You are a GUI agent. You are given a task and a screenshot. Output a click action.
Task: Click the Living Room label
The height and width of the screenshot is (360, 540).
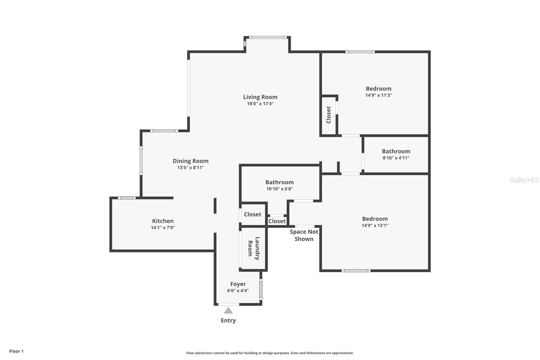coord(260,97)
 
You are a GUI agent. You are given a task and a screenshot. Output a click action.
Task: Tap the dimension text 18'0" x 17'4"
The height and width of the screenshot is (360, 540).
coord(260,104)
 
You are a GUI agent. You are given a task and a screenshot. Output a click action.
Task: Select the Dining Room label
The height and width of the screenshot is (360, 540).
coord(191,161)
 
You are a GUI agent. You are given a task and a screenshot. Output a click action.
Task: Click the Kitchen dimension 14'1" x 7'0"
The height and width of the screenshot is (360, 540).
coord(163,228)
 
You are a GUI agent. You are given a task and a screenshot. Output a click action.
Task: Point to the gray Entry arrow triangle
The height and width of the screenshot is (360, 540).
coord(228,310)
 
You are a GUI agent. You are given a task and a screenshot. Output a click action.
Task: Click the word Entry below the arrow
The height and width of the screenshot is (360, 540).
coord(228,320)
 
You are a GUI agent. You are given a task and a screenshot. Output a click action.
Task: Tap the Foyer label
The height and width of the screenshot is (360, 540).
coord(238,284)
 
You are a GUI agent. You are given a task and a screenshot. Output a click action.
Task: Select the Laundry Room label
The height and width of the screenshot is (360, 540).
coord(253,249)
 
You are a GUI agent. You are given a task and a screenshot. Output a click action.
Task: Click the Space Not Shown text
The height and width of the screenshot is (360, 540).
coord(304,235)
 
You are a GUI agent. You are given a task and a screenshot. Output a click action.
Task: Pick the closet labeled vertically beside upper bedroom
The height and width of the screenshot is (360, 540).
coord(328,115)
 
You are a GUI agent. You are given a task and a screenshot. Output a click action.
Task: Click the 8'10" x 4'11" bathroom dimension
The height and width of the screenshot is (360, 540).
coord(396,158)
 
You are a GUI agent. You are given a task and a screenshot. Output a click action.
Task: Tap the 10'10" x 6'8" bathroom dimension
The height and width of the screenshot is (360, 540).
coord(279,189)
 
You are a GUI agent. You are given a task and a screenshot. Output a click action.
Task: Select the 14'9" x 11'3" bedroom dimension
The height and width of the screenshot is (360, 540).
coord(378,95)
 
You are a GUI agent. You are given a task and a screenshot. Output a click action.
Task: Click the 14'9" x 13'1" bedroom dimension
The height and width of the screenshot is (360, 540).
coord(375,225)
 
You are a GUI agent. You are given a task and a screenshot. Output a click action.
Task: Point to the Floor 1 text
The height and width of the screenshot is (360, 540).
coord(16,351)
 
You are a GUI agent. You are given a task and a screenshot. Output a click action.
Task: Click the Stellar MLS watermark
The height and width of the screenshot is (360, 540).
coord(524,180)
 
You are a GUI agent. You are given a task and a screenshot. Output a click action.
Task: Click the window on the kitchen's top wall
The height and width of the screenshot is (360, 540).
coord(127,198)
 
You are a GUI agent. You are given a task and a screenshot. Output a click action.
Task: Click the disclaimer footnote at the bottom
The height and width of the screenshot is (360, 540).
coord(270,353)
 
